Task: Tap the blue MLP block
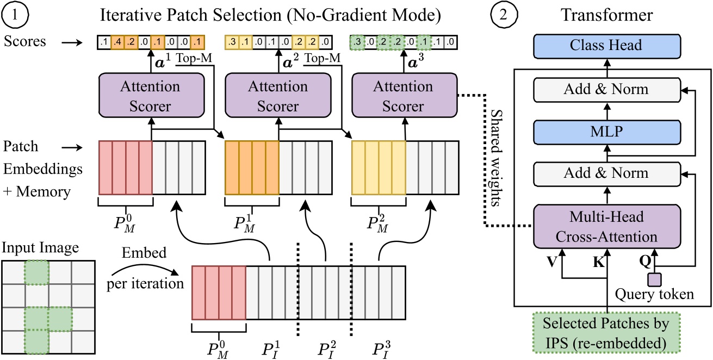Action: pos(606,131)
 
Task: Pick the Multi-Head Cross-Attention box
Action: pos(606,226)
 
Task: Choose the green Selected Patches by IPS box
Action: pos(606,332)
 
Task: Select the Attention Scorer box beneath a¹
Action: pos(151,96)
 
